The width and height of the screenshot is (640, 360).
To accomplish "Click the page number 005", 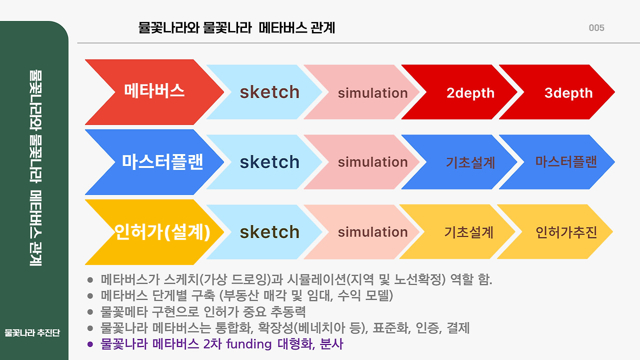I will click(596, 28).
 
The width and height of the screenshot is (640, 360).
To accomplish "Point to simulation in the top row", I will click(372, 93).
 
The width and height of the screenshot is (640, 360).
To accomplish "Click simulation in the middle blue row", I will click(372, 162).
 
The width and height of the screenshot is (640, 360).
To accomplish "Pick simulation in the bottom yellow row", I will click(372, 232).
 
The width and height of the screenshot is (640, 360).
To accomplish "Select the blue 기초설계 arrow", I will click(470, 162).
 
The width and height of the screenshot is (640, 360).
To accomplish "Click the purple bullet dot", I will click(90, 344).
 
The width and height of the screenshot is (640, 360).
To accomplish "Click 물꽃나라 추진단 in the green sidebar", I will click(32, 333).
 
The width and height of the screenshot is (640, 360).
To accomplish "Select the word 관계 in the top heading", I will click(322, 28).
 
